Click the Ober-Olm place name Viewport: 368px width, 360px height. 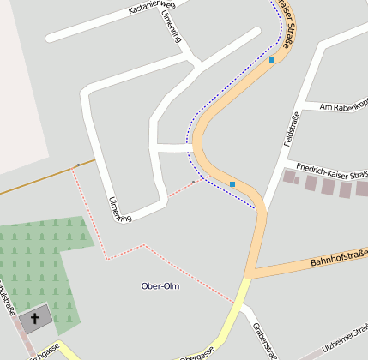pyautogui.click(x=160, y=285)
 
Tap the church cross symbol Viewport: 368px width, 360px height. pyautogui.click(x=35, y=320)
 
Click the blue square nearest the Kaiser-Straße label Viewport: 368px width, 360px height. pyautogui.click(x=272, y=60)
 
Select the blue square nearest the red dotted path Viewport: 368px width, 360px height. pyautogui.click(x=232, y=183)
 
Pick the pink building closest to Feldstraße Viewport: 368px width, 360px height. pyautogui.click(x=290, y=177)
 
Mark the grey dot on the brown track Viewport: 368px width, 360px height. pyautogui.click(x=78, y=164)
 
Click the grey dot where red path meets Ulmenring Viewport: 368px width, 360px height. pyautogui.click(x=194, y=182)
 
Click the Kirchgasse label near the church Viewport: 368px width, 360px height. pyautogui.click(x=43, y=351)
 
